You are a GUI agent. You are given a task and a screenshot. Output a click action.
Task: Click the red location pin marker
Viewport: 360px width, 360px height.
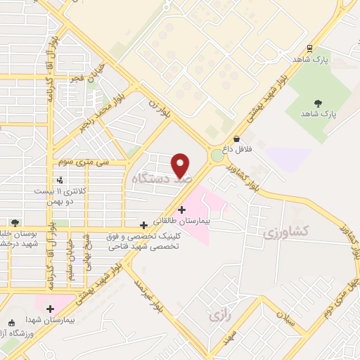(x=181, y=165)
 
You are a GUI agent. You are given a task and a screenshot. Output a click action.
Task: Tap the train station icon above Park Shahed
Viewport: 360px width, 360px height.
(x=309, y=49)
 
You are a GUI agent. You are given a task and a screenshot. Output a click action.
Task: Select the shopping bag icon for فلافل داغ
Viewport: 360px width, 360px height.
(x=237, y=139)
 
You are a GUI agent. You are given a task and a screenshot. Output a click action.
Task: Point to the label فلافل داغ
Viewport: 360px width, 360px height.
(x=236, y=150)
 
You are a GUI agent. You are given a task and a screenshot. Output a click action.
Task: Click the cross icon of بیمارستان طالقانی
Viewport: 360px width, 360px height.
(x=181, y=209)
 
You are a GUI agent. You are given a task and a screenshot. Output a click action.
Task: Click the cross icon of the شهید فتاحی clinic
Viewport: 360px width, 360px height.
(x=144, y=225)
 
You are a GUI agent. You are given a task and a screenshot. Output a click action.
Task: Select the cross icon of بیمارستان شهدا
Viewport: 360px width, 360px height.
(x=50, y=308)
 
